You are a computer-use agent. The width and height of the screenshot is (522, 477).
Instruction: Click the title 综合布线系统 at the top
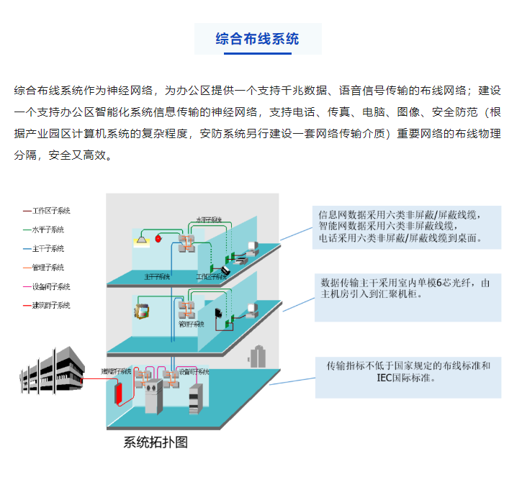pyautogui.click(x=257, y=39)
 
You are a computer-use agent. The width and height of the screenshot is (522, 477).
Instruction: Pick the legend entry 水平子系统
pyautogui.click(x=48, y=230)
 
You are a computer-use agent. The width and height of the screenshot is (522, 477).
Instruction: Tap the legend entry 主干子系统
pyautogui.click(x=48, y=248)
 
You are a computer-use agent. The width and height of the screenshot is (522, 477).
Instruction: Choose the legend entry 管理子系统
pyautogui.click(x=48, y=268)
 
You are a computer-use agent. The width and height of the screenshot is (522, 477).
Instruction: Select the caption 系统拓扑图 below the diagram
pyautogui.click(x=156, y=442)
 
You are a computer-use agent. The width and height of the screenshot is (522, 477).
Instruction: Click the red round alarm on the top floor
pyautogui.click(x=159, y=238)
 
